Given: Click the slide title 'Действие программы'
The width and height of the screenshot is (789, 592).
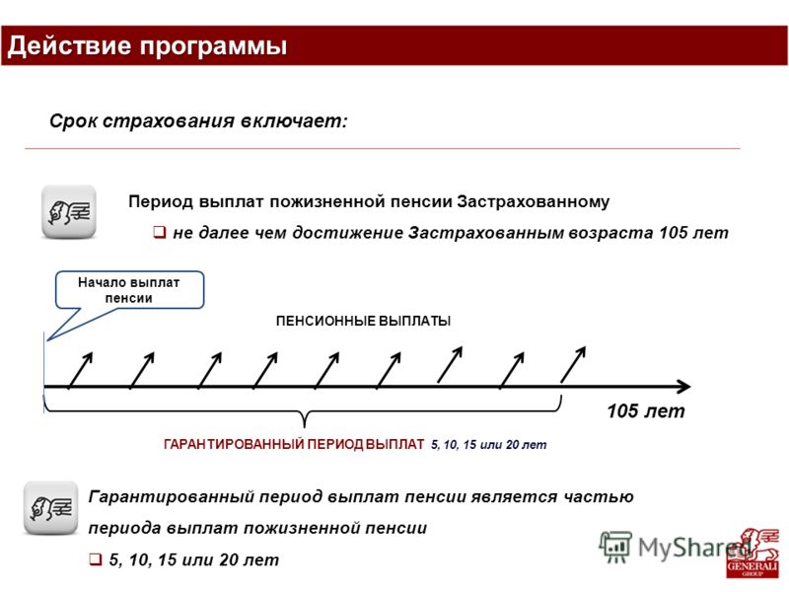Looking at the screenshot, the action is point(147,45).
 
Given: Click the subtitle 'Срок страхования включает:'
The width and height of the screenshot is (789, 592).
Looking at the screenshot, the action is point(198,121).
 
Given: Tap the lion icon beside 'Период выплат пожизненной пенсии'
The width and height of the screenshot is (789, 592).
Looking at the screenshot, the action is point(69,211).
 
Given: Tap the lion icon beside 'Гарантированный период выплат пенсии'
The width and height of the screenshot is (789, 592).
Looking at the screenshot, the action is point(51,508).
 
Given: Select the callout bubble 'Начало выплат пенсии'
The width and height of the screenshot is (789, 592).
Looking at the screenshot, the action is point(129,290).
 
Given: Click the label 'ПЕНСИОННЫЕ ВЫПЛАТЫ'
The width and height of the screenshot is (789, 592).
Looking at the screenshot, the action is point(363,321).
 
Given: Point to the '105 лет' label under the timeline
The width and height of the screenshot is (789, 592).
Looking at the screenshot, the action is point(646,410).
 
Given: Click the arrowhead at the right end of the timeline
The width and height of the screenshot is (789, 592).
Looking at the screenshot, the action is point(684,387).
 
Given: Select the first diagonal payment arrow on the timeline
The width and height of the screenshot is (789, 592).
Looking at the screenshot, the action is point(81,371).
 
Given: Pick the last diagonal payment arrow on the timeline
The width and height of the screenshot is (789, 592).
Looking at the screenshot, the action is point(573,364).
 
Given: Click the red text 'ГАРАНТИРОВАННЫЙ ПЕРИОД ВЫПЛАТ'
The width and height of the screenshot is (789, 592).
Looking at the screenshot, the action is point(294,445).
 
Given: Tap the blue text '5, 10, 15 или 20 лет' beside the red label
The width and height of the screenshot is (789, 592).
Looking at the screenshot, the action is point(488,445).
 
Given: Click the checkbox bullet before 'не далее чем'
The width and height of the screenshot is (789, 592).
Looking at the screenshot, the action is point(160,232).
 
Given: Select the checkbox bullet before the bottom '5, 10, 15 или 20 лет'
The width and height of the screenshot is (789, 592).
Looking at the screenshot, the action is point(96,559).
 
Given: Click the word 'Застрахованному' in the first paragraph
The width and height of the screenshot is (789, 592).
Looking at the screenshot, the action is point(533,201).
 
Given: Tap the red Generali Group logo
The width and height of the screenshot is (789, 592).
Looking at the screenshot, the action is point(753,553).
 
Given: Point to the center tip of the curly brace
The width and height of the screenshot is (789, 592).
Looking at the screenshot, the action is point(304,427).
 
